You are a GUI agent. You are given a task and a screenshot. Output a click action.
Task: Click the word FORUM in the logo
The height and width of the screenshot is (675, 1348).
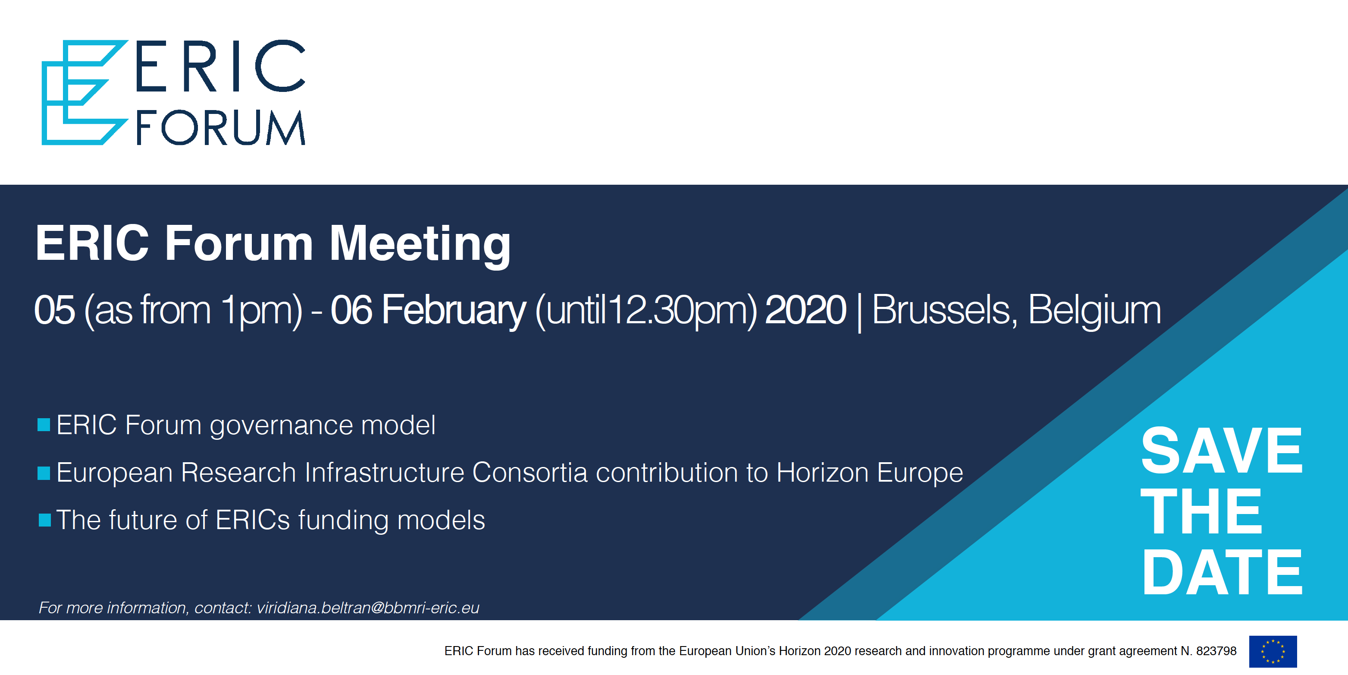pyautogui.click(x=220, y=127)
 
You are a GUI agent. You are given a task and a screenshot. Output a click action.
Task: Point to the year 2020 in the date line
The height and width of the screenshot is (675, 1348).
pyautogui.click(x=806, y=310)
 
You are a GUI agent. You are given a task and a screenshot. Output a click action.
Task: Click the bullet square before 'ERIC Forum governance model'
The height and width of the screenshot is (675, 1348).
pyautogui.click(x=44, y=425)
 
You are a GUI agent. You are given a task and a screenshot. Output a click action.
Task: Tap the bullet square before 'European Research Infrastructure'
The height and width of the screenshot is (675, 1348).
pyautogui.click(x=44, y=473)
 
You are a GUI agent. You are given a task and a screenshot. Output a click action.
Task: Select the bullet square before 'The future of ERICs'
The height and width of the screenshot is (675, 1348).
pyautogui.click(x=44, y=520)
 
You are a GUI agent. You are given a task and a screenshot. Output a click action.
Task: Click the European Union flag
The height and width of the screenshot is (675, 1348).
pyautogui.click(x=1273, y=651)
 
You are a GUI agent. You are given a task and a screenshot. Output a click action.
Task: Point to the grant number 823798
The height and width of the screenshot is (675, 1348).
pyautogui.click(x=1216, y=651)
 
